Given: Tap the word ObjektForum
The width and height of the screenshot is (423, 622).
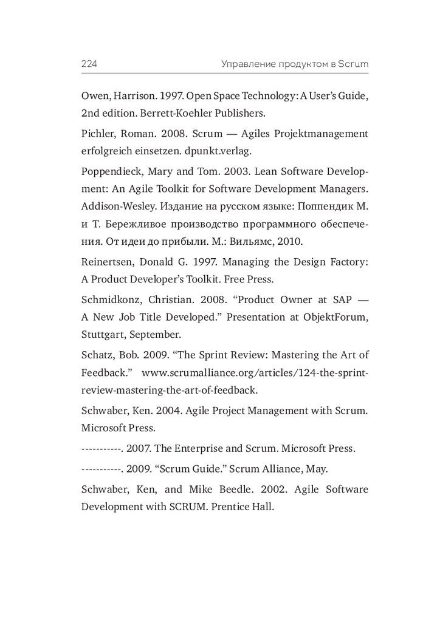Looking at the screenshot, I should click(338, 317).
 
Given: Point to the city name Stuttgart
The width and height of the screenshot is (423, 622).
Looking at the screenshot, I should click(101, 333).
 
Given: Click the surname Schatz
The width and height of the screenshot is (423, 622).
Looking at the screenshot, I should click(95, 355).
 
